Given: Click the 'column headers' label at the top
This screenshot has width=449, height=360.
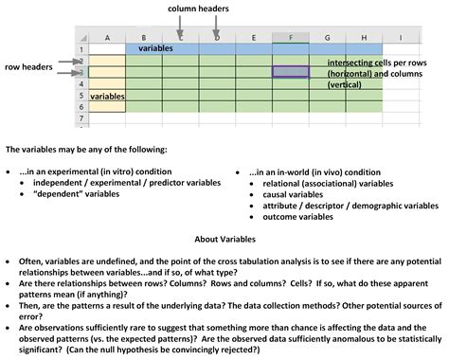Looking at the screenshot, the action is (198, 9).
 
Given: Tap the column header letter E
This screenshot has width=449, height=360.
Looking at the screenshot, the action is (254, 38).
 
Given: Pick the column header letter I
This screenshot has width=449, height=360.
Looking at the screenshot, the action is (400, 38).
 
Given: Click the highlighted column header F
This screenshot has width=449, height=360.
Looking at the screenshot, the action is (291, 38).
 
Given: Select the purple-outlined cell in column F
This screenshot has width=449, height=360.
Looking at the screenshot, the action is (291, 71).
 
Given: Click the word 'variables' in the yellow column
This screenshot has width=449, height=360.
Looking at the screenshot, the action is (108, 97).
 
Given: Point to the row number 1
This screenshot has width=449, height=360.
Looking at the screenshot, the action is (82, 48).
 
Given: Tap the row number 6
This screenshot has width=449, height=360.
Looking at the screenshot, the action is (82, 107).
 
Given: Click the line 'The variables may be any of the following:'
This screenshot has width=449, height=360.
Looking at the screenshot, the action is (86, 150).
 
